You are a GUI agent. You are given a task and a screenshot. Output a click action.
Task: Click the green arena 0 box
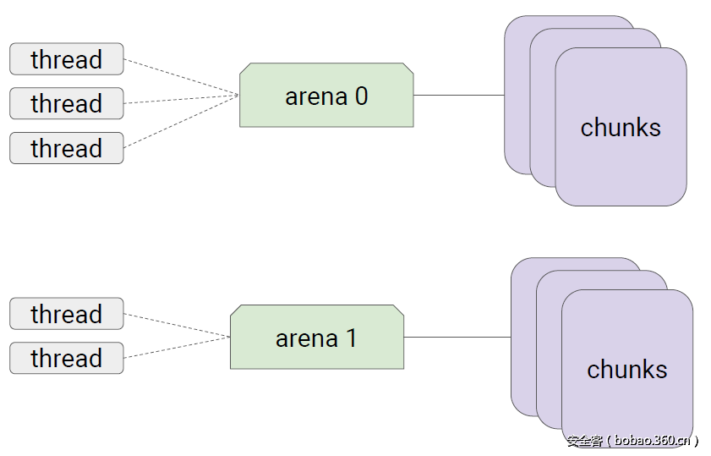pos(326,95)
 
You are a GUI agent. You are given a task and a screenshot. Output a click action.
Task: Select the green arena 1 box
pos(316,337)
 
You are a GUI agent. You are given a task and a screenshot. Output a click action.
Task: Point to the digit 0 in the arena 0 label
pos(361,96)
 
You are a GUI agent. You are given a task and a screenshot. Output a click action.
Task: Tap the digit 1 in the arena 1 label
pos(351,338)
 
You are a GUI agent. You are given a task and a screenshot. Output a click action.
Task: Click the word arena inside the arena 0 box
pos(315,96)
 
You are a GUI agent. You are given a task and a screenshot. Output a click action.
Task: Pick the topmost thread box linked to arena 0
pos(66,59)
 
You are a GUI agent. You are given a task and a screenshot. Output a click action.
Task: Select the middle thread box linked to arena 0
pos(66,103)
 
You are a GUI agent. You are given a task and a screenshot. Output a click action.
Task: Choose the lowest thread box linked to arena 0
pos(66,148)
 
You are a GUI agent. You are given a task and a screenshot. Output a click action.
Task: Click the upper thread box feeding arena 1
pos(66,314)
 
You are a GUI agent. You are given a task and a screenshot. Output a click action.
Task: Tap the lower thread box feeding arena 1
pos(66,358)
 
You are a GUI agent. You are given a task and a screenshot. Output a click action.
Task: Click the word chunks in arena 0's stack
pos(620,128)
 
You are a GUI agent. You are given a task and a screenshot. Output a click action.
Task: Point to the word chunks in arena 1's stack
pos(626,370)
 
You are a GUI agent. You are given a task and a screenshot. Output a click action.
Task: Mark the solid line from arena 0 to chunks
pos(458,95)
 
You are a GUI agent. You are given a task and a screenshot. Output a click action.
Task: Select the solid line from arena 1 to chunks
pos(457,337)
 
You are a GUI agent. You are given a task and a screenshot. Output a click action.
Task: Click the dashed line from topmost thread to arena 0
pos(181,76)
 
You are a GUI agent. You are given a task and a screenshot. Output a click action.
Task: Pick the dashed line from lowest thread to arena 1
pos(178,348)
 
